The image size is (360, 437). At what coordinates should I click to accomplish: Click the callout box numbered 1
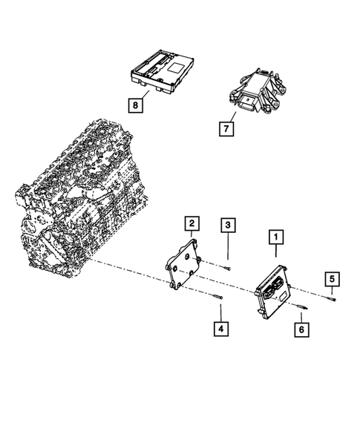275,238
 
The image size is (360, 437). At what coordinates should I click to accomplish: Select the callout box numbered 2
192,223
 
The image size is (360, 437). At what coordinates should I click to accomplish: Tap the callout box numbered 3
229,224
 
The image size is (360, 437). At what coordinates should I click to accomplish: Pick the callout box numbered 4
220,326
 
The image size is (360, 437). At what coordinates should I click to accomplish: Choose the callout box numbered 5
333,278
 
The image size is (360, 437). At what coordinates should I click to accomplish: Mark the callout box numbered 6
302,327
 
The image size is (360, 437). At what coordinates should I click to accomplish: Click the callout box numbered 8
135,105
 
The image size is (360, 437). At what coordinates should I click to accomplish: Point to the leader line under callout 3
229,249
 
